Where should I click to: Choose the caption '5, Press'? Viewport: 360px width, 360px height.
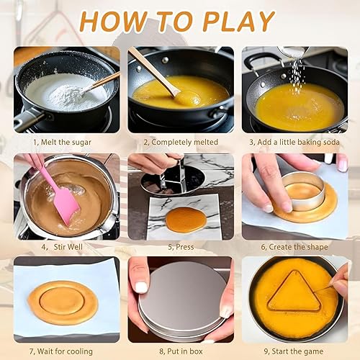180,247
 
